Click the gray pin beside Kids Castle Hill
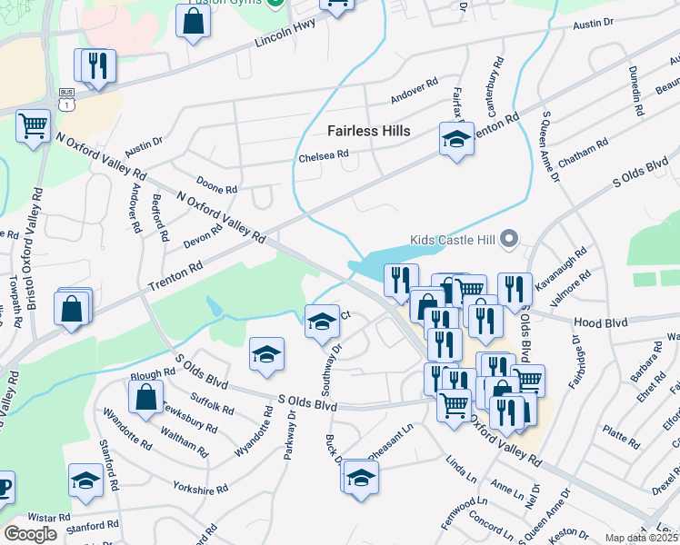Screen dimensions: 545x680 [x=509, y=240]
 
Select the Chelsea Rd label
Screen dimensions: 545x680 [x=324, y=156]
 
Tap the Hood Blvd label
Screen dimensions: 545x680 [x=600, y=322]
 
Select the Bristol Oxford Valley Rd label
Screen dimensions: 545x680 [x=35, y=250]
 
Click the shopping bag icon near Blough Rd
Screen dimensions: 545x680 [x=145, y=396]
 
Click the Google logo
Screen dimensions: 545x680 [x=30, y=533]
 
